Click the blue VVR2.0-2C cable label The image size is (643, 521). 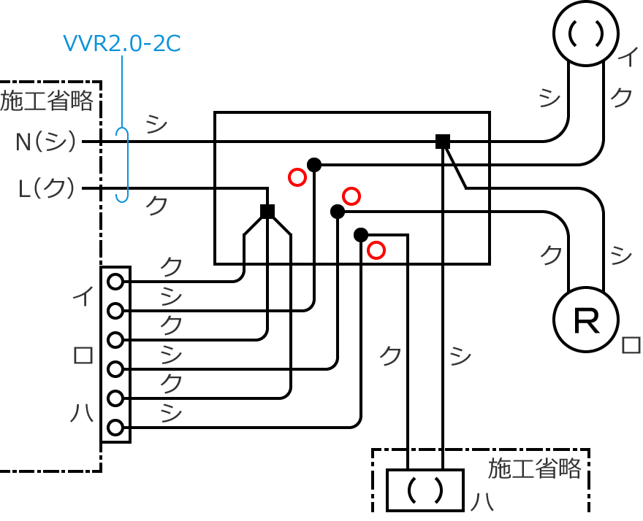point(121,44)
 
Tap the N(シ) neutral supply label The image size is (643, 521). point(46,142)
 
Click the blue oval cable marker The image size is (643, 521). point(123,165)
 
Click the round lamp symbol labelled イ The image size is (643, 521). point(585,33)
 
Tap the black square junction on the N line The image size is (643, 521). point(442,142)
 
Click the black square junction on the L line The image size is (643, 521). point(267,212)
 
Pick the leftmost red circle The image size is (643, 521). point(297,177)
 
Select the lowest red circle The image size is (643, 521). point(376,250)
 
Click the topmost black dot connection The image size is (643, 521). point(314,165)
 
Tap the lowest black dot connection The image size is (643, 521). point(360,235)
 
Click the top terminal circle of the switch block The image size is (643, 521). point(115,281)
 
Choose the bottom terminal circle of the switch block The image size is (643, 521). point(115,428)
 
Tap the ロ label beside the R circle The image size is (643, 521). point(631,344)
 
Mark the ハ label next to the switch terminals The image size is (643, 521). point(82,414)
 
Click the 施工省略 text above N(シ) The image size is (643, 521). point(47,101)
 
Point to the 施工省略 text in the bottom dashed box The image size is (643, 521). point(534,468)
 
